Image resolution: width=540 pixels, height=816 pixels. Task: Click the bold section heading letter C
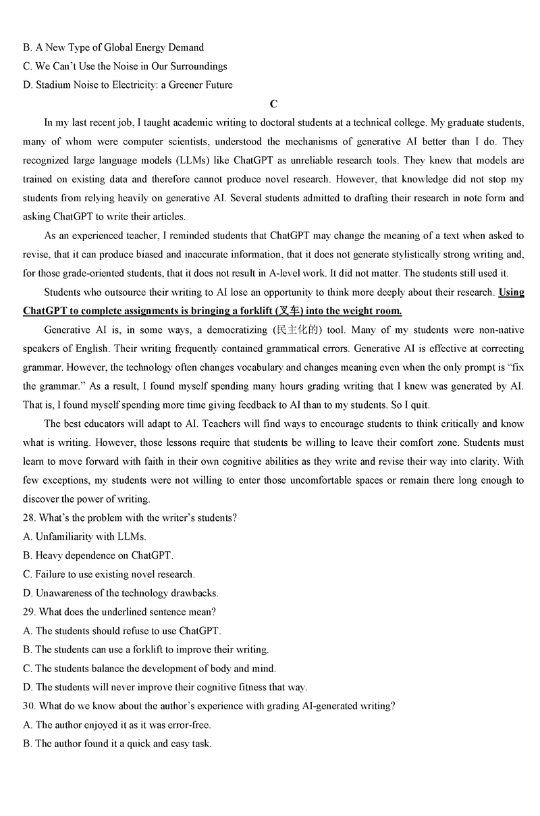point(273,104)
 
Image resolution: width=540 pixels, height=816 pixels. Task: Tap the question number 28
point(28,517)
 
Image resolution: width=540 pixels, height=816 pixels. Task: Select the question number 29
point(28,611)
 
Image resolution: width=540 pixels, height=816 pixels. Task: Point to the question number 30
point(28,706)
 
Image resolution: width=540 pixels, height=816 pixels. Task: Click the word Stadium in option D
point(53,85)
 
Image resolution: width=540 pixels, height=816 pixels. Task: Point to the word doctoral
point(241,123)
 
